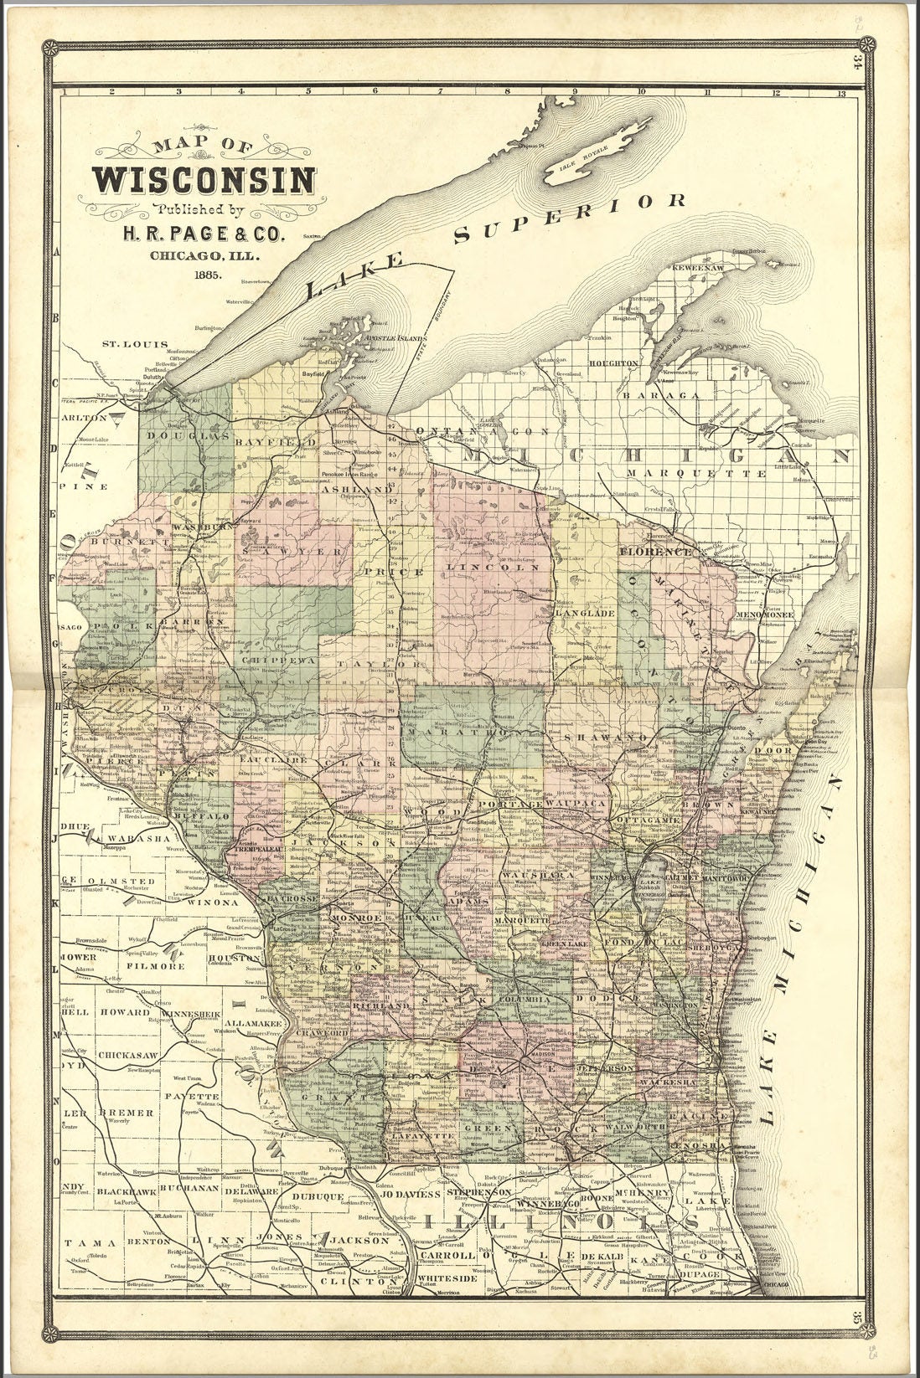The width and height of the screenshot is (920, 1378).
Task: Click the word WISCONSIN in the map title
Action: click(x=204, y=179)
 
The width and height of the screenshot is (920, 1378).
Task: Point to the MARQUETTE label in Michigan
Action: click(x=695, y=473)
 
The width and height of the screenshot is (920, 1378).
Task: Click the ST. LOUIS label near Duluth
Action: click(x=135, y=344)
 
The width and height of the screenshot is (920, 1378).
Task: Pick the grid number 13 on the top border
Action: click(x=852, y=93)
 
